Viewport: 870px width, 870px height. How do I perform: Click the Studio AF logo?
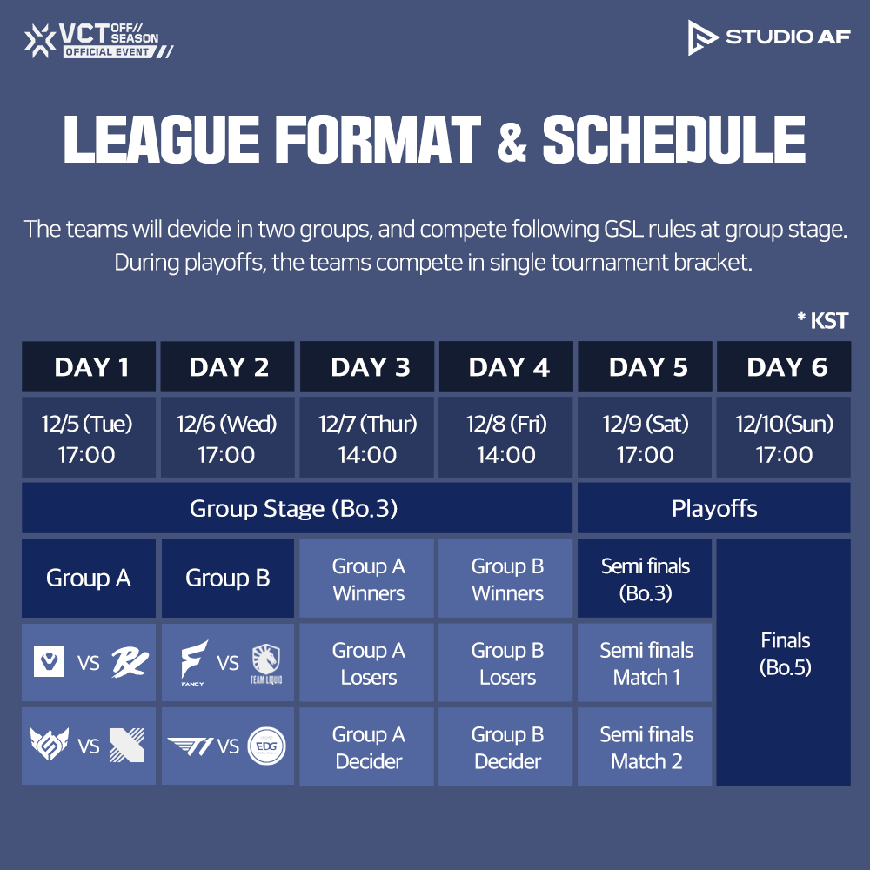tap(768, 37)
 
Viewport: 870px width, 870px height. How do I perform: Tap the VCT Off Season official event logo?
tap(98, 39)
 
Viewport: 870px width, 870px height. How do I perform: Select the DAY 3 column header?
tap(370, 367)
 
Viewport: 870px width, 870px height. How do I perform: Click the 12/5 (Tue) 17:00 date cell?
tap(88, 438)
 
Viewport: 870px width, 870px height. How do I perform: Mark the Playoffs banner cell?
tap(713, 509)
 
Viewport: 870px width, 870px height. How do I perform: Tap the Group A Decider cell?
tap(368, 748)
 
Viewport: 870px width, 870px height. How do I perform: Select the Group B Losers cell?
tap(507, 664)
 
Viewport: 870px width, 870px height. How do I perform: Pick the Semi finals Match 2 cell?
tap(646, 748)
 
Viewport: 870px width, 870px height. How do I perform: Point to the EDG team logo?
tap(267, 746)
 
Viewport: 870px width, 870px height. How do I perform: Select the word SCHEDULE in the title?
tap(674, 139)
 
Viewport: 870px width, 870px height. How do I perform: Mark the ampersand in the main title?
tap(512, 142)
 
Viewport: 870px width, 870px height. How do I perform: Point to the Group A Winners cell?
tap(368, 579)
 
